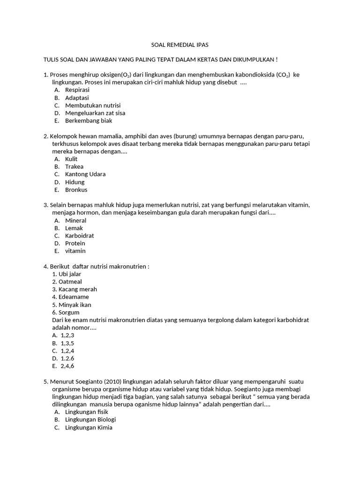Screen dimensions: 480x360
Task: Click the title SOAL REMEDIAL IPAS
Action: pos(180,45)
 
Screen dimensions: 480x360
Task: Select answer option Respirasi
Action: pos(77,90)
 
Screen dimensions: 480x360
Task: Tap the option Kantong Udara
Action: pos(85,174)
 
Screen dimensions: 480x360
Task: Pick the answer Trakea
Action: pos(74,166)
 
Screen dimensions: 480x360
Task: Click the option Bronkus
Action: pos(76,190)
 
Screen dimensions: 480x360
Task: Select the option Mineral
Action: pos(75,220)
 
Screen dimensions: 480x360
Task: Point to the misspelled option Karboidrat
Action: pos(80,236)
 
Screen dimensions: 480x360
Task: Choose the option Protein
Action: pos(75,243)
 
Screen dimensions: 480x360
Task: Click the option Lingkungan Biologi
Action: pos(90,420)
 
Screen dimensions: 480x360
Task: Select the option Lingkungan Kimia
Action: pos(89,427)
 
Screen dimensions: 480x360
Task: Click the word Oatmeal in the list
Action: pos(70,282)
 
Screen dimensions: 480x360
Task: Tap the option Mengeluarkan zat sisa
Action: pos(95,113)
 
